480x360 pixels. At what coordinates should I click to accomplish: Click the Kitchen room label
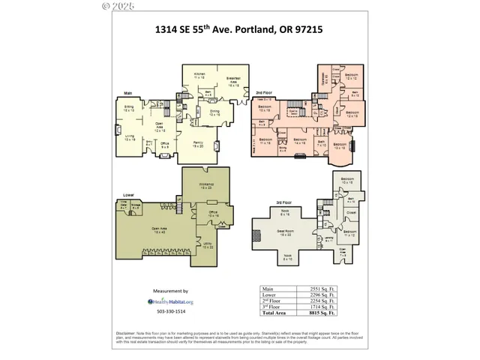199,76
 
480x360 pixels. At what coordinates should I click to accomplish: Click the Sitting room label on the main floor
129,109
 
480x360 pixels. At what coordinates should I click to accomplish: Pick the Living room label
129,137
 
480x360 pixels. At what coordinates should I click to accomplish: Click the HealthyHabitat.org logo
170,301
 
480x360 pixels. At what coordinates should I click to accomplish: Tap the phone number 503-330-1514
170,312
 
